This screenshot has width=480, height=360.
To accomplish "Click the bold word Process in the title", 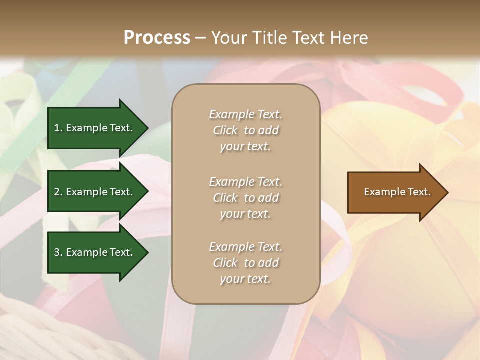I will click(x=157, y=38).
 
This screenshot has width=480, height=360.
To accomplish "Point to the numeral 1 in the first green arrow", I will click(x=57, y=128).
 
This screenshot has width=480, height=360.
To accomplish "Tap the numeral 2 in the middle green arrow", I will click(x=57, y=192).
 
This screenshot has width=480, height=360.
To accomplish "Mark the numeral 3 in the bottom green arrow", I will click(x=57, y=252).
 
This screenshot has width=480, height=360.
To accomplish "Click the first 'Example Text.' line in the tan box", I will click(x=245, y=114).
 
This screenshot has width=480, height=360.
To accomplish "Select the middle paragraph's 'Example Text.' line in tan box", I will click(x=245, y=182).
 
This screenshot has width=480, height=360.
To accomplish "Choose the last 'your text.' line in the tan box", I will click(x=245, y=279).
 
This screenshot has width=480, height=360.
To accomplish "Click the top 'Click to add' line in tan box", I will click(x=245, y=130).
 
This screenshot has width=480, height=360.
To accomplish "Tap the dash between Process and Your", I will click(x=200, y=38).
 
